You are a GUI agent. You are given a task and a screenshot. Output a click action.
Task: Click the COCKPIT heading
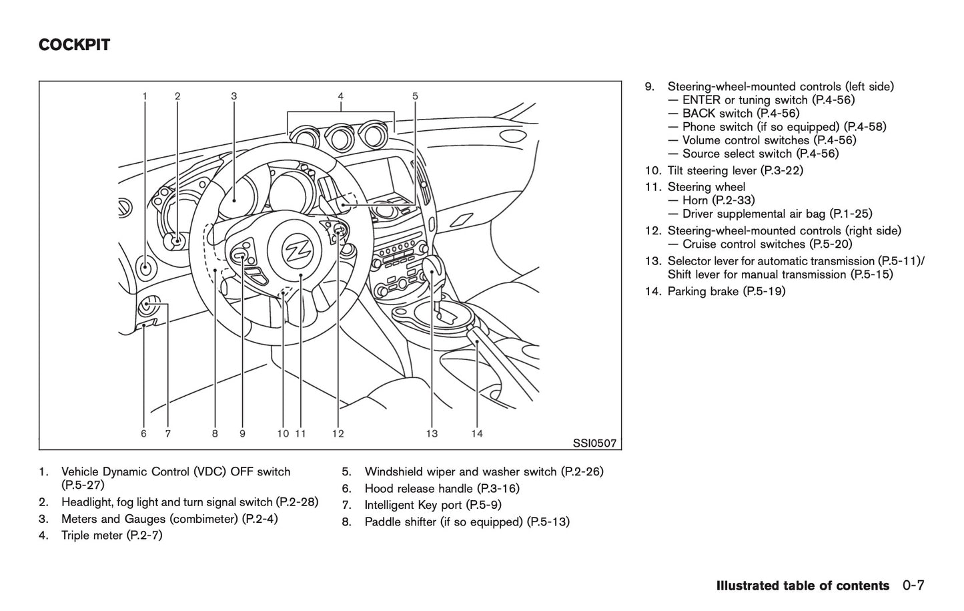click(74, 45)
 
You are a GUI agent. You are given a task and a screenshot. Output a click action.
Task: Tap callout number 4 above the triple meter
click(340, 96)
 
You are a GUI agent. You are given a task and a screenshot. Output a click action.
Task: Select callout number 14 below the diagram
click(476, 434)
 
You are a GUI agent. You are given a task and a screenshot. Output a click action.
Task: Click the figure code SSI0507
click(594, 443)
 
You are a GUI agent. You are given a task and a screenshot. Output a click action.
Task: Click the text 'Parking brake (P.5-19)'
click(726, 291)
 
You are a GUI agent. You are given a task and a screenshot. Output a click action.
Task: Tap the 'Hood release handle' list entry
click(442, 489)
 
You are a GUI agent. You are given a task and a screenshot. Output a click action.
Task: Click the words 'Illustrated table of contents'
click(803, 586)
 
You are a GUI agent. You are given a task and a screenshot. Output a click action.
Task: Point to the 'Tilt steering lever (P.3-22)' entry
click(735, 170)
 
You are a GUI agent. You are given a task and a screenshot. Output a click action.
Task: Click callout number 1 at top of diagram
click(145, 96)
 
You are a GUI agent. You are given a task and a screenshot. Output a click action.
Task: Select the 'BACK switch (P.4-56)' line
click(741, 114)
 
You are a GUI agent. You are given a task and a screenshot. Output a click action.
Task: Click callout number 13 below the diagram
click(432, 434)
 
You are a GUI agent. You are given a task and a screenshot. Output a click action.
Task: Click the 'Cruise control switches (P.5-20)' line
click(767, 244)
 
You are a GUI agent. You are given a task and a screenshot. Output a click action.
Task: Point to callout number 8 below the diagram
click(215, 434)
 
